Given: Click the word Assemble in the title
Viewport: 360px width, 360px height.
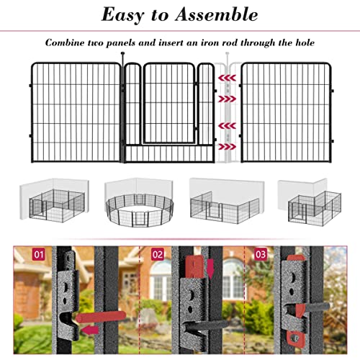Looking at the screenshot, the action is pos(217,14).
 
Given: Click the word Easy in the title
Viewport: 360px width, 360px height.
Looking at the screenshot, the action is pos(122,15).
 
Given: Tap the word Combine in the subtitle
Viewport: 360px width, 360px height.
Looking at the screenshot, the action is pos(65,42).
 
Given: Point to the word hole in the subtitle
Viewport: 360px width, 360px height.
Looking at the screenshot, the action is pos(305,42).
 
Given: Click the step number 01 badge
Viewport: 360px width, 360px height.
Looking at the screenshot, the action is pos(39,254).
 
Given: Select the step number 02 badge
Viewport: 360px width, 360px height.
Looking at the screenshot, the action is pos(158,254).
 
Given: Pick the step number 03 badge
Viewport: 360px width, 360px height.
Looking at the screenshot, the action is pos(261,254).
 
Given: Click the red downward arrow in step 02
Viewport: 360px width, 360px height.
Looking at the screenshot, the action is pos(210,269).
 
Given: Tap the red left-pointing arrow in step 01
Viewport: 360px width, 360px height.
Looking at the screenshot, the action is pos(90,330).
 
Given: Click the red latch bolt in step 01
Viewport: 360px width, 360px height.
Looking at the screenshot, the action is pos(101,317).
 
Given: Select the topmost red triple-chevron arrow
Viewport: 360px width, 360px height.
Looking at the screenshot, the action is pos(227,78).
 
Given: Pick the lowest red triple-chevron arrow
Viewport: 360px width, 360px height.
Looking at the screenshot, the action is pos(227,146).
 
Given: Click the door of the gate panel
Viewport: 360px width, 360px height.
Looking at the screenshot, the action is pos(169,103).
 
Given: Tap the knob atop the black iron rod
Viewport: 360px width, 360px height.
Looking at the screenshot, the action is pos(122,53).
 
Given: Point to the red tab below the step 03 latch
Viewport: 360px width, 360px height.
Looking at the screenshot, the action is pos(295,338).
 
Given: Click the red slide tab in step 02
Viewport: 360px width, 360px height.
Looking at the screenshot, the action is pos(194,267).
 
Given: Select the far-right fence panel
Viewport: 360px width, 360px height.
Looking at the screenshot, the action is pos(287,112).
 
